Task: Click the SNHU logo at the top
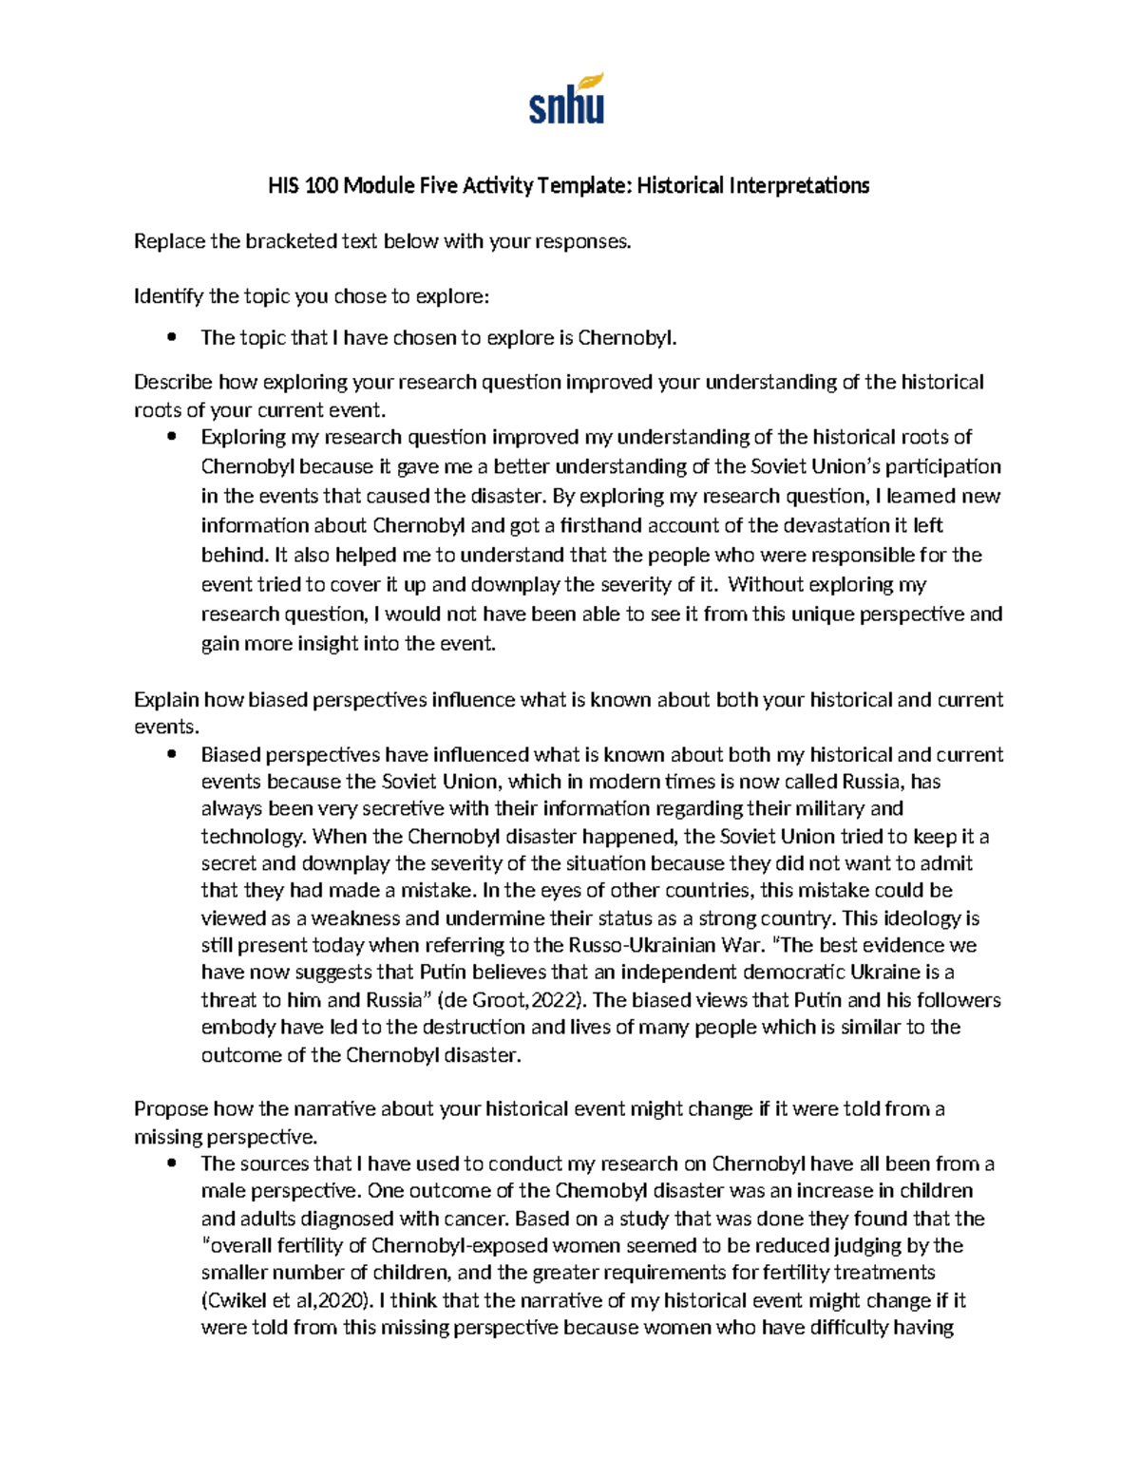566,99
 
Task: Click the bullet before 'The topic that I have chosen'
172,337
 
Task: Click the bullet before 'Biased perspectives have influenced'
172,755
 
